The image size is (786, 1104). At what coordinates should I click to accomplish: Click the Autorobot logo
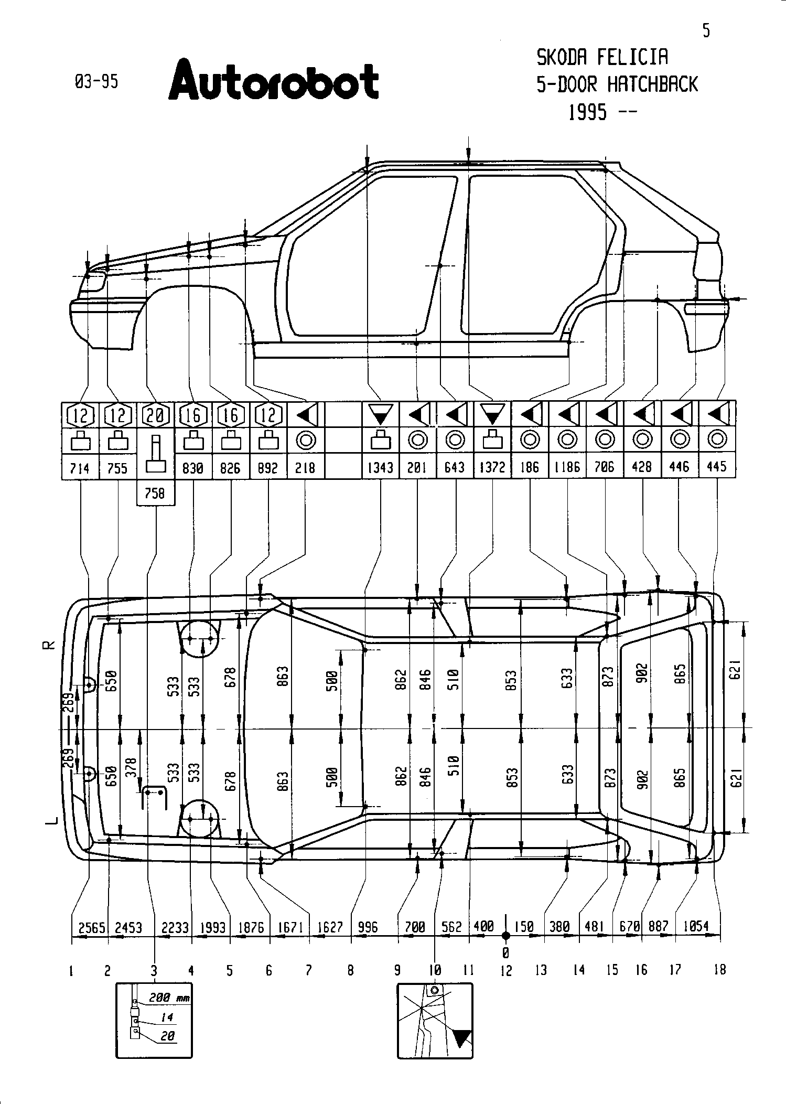[273, 80]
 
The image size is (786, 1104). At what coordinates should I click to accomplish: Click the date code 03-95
[96, 82]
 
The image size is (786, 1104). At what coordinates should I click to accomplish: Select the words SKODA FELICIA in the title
[602, 57]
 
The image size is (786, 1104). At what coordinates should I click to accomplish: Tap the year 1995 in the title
[587, 112]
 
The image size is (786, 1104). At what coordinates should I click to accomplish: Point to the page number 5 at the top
[706, 31]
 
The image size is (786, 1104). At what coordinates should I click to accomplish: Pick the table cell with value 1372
[492, 467]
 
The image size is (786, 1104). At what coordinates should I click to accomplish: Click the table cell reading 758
[155, 494]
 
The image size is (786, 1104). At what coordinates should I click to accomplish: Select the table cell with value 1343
[380, 467]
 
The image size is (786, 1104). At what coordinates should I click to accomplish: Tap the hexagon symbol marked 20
[155, 415]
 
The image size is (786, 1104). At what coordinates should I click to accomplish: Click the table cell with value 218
[305, 467]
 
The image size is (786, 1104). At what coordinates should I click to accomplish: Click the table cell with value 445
[717, 467]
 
